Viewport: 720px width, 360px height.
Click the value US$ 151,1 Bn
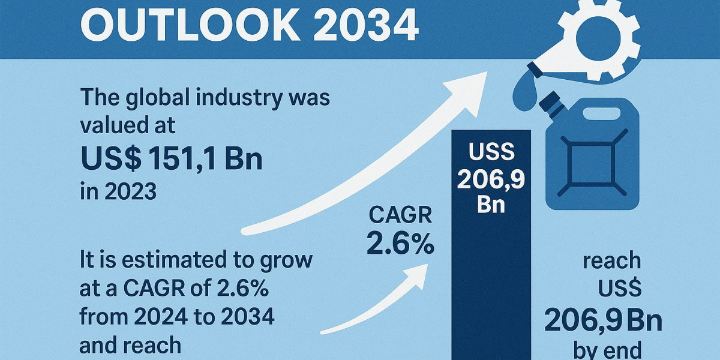171,160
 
